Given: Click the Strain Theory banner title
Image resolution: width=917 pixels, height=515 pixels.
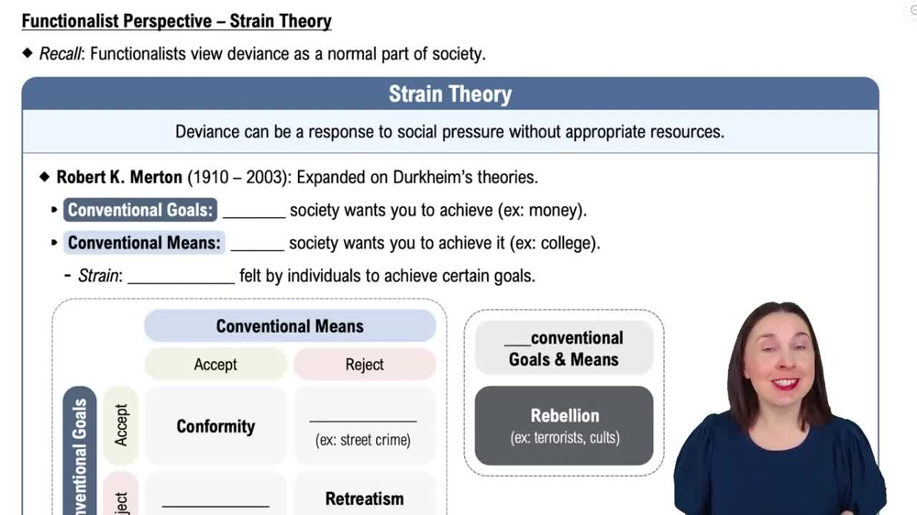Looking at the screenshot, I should tap(449, 94).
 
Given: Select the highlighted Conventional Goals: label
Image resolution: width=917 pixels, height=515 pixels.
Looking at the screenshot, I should tap(140, 210).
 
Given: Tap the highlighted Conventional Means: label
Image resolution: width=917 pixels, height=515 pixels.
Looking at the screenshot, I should tap(144, 243).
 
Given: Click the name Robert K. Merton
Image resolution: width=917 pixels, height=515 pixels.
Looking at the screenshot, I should tap(119, 177).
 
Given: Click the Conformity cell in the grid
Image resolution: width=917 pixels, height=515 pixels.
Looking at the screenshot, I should tap(215, 426).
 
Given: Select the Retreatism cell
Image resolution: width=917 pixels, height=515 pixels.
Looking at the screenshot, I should tap(364, 499).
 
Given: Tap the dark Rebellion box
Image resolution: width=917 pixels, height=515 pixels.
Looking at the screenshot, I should tap(564, 425).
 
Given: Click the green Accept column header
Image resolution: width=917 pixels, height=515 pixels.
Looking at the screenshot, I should tap(215, 365).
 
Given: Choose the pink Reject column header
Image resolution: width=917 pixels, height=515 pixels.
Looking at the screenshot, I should tap(364, 365).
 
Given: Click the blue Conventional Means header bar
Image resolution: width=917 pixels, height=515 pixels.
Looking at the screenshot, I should tap(290, 326).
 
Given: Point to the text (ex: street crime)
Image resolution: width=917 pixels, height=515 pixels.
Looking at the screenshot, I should tap(363, 440).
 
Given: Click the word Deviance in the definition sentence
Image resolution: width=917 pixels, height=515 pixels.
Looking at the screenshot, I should tap(207, 131).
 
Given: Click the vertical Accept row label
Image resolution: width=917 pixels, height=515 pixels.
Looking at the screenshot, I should tap(121, 424).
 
